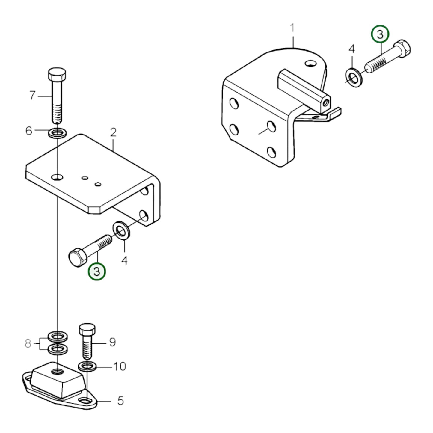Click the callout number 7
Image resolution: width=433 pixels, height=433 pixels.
(32, 96)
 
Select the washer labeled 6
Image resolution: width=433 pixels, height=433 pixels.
(57, 132)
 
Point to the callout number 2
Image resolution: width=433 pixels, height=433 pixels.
(113, 132)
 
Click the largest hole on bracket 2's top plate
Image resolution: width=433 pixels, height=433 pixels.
(57, 177)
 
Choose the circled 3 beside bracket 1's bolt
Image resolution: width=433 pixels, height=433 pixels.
(380, 34)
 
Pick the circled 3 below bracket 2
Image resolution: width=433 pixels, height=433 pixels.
(96, 271)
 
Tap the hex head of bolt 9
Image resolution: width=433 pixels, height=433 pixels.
(87, 329)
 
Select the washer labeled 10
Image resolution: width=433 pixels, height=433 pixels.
(87, 366)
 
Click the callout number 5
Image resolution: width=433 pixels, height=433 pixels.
(120, 401)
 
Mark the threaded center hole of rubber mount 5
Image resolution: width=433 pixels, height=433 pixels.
(57, 372)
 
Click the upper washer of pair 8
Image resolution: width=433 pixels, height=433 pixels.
(57, 336)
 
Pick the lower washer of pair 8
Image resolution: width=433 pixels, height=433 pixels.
(57, 349)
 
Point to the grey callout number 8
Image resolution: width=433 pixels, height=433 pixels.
(28, 343)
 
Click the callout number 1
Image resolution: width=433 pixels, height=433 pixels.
(292, 28)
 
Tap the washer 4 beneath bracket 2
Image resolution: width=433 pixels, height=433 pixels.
(121, 230)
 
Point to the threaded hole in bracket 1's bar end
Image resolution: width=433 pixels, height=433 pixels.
(325, 104)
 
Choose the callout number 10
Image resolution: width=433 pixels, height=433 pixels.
(119, 366)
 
